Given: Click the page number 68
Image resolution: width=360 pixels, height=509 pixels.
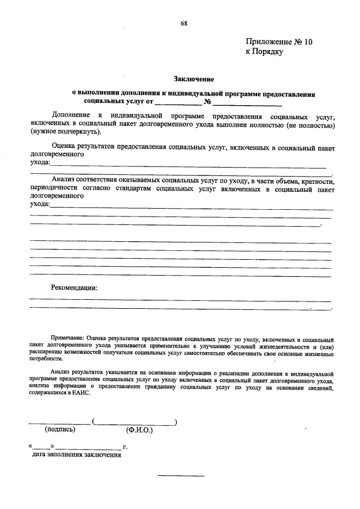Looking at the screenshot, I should (x=184, y=23).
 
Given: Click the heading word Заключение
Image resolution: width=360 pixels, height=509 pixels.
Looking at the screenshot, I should (x=193, y=80).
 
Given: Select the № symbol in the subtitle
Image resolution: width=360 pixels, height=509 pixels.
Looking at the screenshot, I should (x=207, y=102).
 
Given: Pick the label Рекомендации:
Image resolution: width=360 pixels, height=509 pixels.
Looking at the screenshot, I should (x=74, y=288).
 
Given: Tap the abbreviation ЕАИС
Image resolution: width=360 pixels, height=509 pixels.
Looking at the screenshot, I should (x=80, y=394).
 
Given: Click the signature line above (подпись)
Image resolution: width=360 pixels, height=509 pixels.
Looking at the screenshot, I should (x=59, y=422).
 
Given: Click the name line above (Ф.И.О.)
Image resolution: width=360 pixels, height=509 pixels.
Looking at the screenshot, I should (x=135, y=422).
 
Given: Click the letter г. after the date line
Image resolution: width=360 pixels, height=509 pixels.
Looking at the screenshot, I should (x=125, y=447).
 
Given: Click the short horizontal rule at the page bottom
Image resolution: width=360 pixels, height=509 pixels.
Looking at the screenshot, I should (x=181, y=477).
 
